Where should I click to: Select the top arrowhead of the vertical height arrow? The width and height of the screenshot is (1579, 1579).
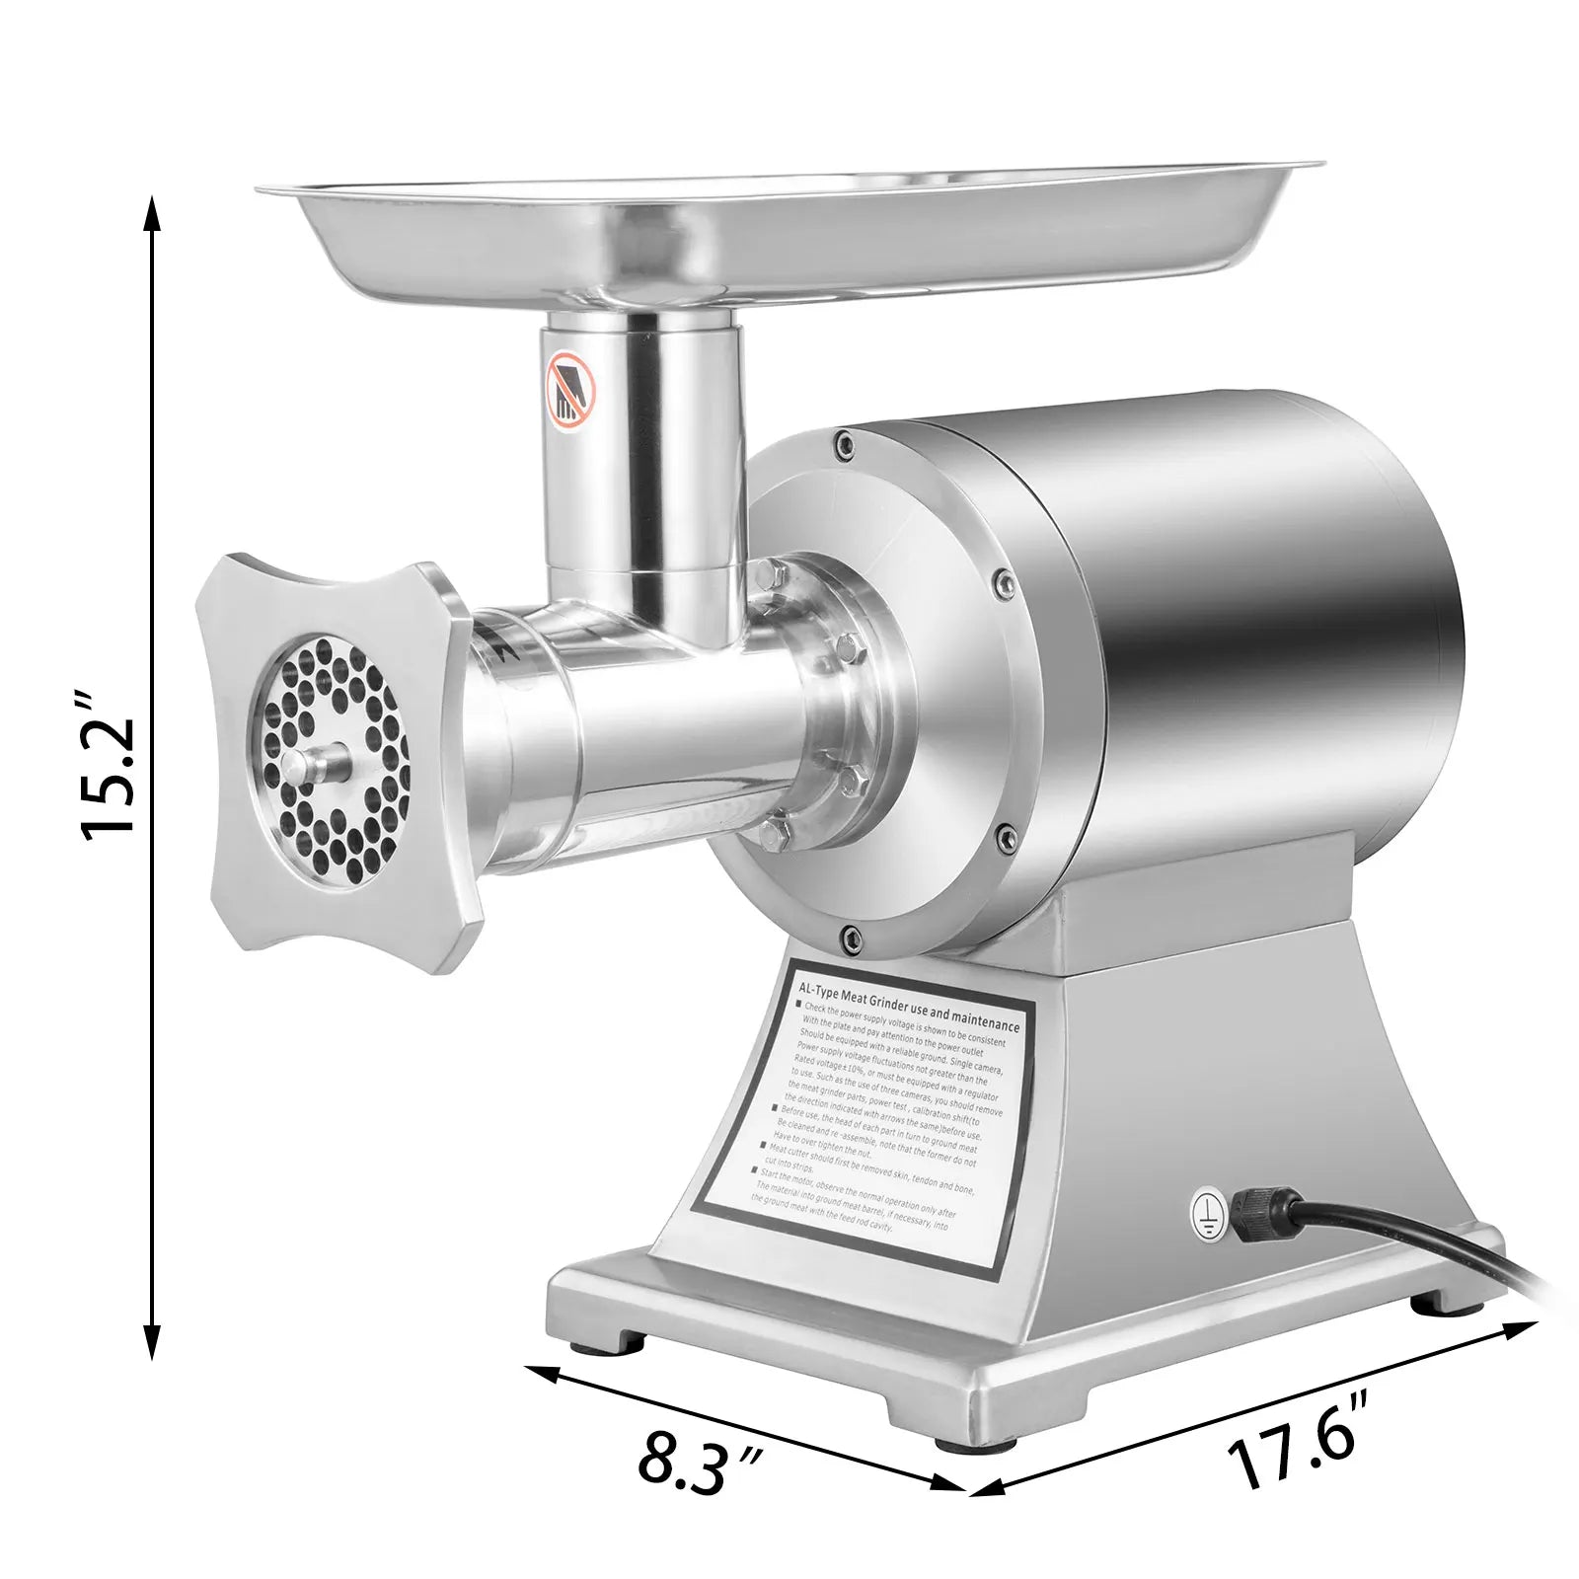coord(151,209)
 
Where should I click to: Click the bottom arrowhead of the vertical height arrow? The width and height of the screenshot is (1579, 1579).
coord(151,1347)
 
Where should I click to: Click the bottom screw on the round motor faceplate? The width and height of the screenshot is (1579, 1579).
coord(846,934)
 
